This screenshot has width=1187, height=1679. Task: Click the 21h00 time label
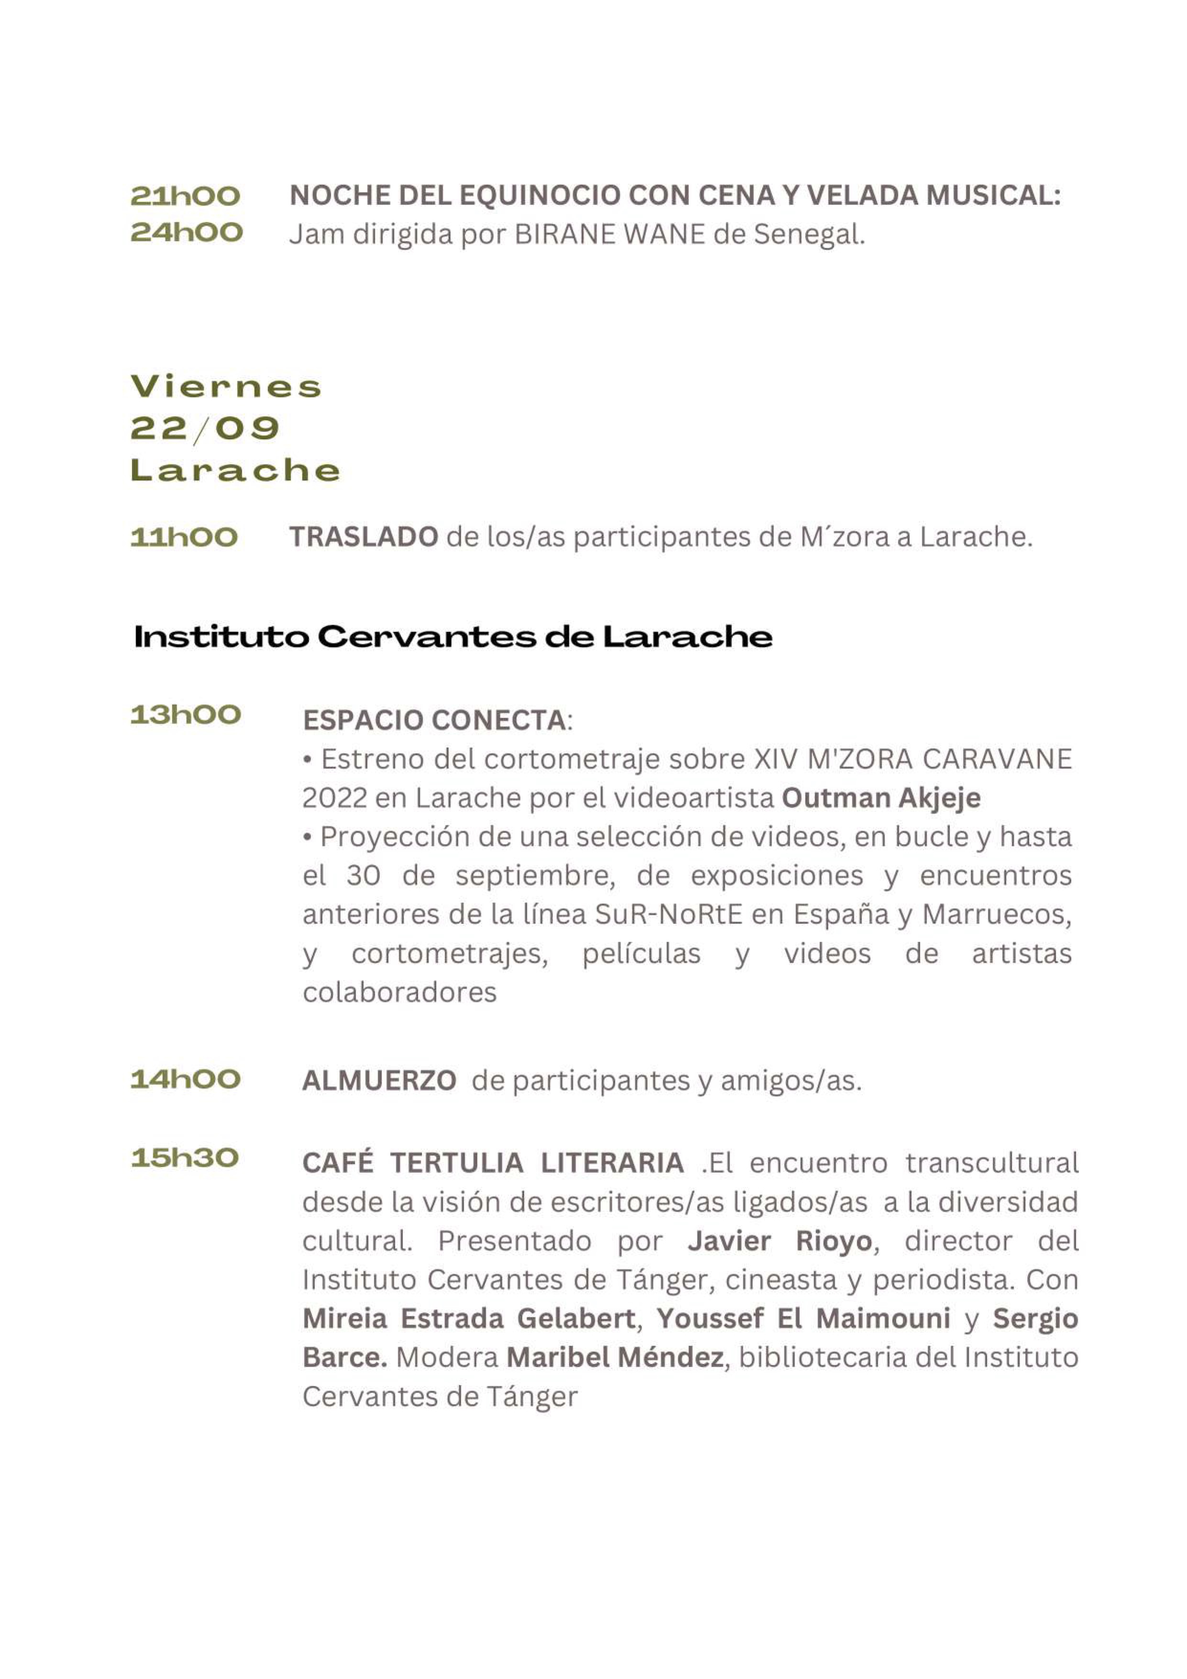pyautogui.click(x=185, y=196)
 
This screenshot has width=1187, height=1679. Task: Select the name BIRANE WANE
pyautogui.click(x=609, y=235)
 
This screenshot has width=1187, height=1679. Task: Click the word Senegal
pyautogui.click(x=808, y=235)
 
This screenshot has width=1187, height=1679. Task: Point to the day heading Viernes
pyautogui.click(x=226, y=387)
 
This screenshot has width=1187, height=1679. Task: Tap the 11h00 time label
pyautogui.click(x=184, y=537)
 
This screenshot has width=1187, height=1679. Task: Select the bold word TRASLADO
pyautogui.click(x=364, y=537)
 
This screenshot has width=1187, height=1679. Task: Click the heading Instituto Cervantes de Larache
pyautogui.click(x=453, y=637)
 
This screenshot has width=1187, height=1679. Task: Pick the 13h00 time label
pyautogui.click(x=185, y=714)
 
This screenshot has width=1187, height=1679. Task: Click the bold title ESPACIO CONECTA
pyautogui.click(x=433, y=720)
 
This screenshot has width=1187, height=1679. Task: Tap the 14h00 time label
pyautogui.click(x=185, y=1079)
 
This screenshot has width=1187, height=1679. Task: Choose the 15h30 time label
pyautogui.click(x=184, y=1157)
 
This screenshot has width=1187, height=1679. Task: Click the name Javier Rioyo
pyautogui.click(x=780, y=1241)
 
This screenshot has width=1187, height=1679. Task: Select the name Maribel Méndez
pyautogui.click(x=614, y=1358)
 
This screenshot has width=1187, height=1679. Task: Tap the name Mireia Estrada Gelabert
pyautogui.click(x=468, y=1319)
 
